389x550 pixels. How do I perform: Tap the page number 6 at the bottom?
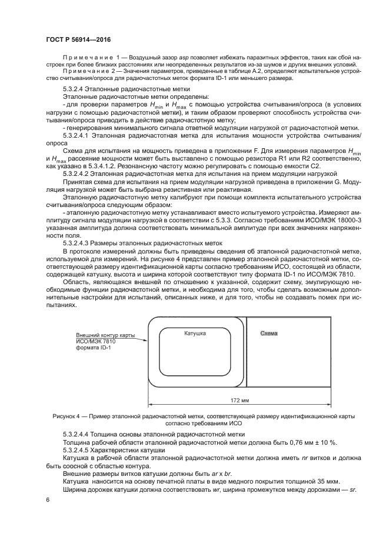tap(47, 499)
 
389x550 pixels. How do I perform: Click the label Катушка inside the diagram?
tap(195, 334)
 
